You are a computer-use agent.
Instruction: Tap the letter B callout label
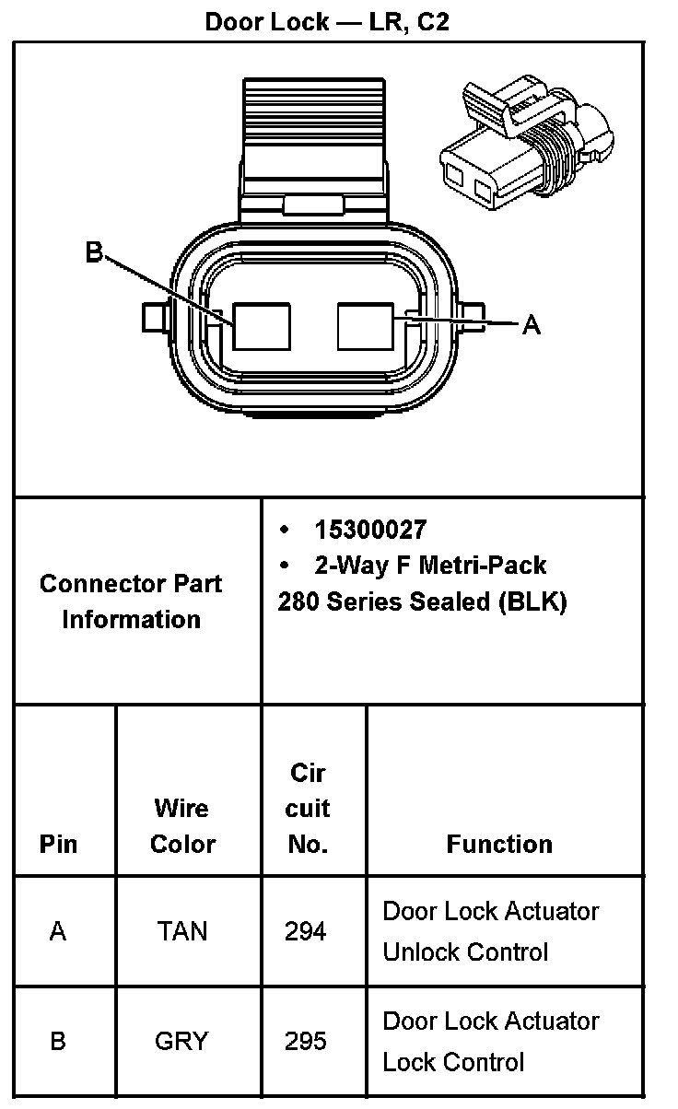click(x=94, y=251)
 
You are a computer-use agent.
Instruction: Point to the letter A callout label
click(x=532, y=324)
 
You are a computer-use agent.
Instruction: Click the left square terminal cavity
click(x=262, y=327)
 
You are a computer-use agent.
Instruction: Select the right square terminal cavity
click(x=367, y=327)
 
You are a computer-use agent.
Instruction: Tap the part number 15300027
click(x=371, y=530)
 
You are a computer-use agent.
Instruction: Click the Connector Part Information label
click(x=131, y=601)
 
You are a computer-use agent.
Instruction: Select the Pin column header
click(x=59, y=844)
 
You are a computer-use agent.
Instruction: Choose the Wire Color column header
click(x=182, y=826)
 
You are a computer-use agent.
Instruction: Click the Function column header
click(x=499, y=844)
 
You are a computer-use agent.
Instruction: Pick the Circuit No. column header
click(x=308, y=809)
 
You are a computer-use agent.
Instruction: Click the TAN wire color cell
click(x=182, y=931)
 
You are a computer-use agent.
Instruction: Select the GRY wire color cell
click(x=182, y=1041)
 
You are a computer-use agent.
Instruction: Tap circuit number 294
click(x=306, y=931)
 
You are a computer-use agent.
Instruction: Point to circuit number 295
click(x=306, y=1041)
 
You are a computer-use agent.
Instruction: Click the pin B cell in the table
click(x=58, y=1041)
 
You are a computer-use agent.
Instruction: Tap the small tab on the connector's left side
click(x=153, y=317)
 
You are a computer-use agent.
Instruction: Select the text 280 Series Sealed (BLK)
click(x=422, y=601)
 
